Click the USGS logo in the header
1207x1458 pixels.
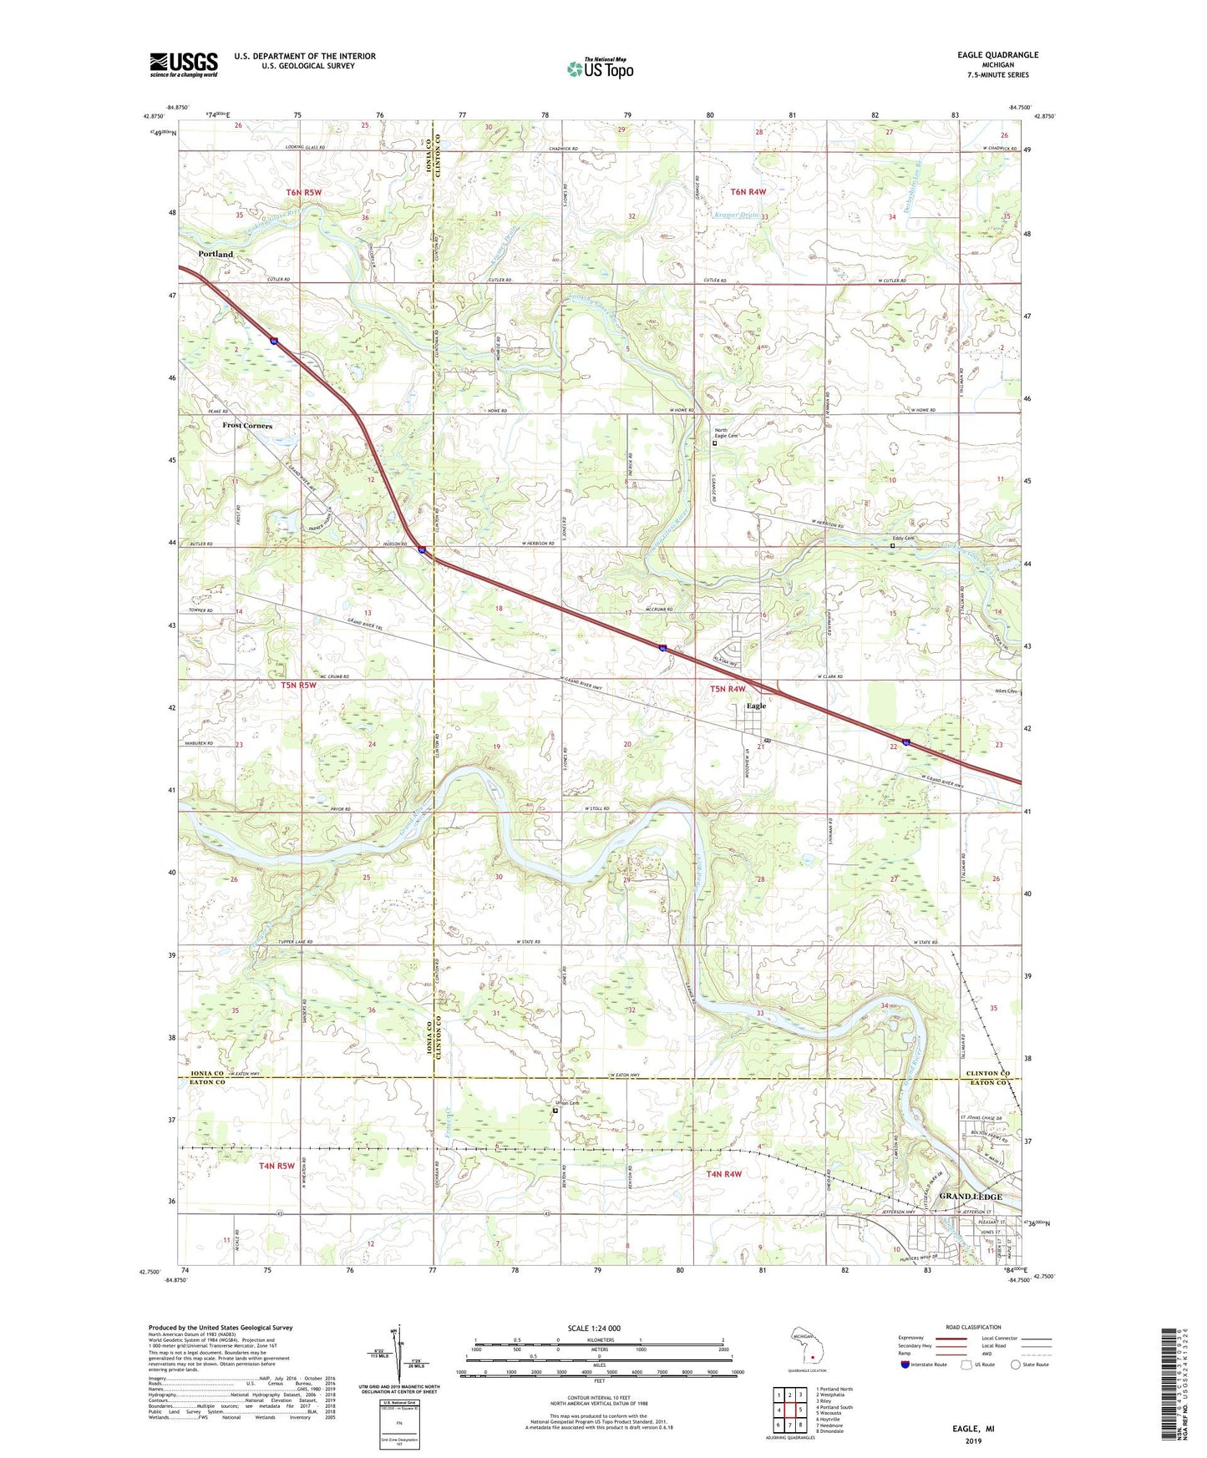(x=183, y=64)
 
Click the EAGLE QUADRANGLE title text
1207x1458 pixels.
(x=998, y=54)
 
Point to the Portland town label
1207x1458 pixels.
(x=216, y=254)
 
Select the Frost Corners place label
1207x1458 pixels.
(x=247, y=425)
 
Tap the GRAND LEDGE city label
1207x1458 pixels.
(x=970, y=1197)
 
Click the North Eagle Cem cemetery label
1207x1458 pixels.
(x=726, y=434)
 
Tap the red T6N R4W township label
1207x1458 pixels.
(x=748, y=192)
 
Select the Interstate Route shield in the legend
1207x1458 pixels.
(x=905, y=1364)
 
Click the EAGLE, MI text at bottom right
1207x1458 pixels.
(x=973, y=1429)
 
